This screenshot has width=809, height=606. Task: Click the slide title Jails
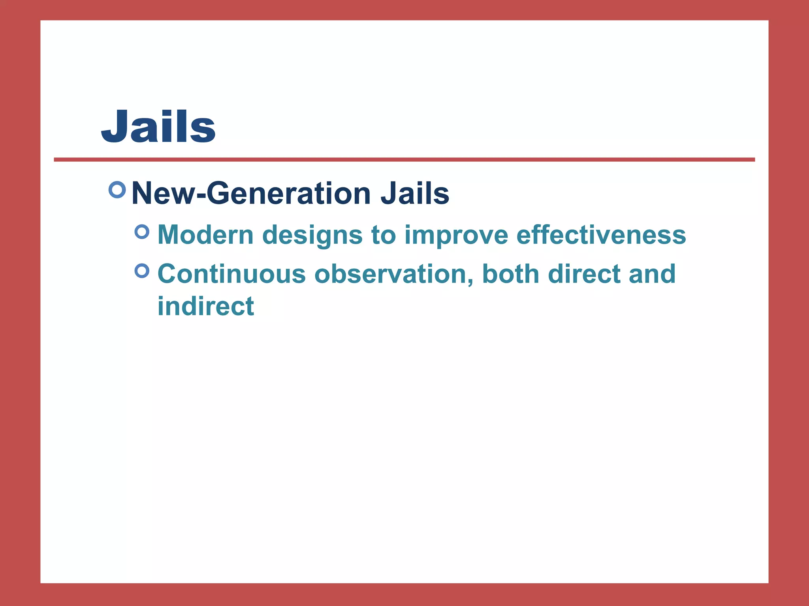point(158,126)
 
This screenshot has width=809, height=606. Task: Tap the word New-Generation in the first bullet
point(251,193)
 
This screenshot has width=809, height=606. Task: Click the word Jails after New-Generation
point(415,193)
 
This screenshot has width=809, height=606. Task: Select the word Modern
point(205,235)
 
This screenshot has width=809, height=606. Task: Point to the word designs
point(312,236)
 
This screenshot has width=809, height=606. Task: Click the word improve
point(456,236)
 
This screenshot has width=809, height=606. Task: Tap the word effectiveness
point(601,235)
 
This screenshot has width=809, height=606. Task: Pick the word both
point(511,274)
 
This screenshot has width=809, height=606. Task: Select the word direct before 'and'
point(584,274)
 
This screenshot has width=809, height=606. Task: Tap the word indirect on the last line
point(206,306)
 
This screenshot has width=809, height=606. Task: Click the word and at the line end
point(652,274)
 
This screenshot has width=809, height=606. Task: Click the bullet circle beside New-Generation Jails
point(117,190)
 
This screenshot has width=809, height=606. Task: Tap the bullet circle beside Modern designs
point(142,232)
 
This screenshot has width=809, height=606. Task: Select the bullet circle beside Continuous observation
point(142,271)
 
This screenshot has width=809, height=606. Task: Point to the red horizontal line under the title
point(404,160)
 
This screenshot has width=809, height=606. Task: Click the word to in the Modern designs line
point(383,236)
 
